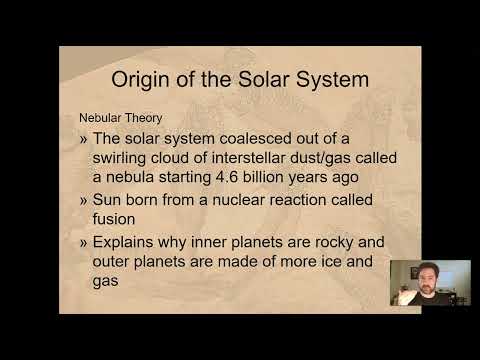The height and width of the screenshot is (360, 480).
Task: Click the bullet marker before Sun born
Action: click(x=85, y=200)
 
